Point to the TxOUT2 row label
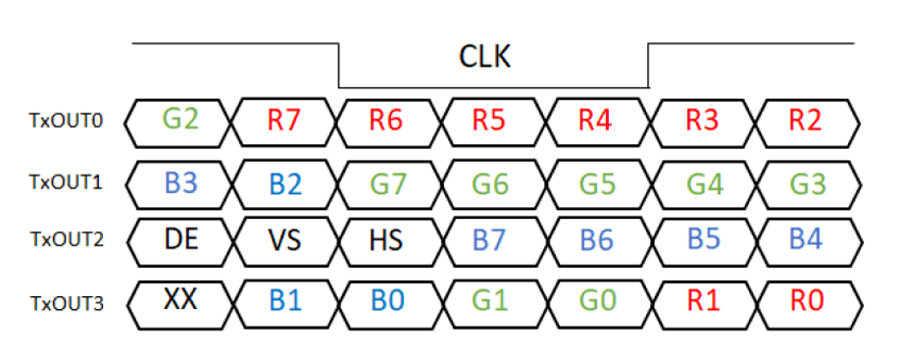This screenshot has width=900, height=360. tap(66, 239)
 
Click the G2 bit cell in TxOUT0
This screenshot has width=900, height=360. tap(182, 122)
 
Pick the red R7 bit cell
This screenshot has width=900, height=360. tap(285, 122)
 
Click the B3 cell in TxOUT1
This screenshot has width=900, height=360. tap(182, 181)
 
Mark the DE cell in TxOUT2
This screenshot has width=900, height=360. tap(182, 239)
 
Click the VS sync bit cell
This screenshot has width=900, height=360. tap(285, 239)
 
